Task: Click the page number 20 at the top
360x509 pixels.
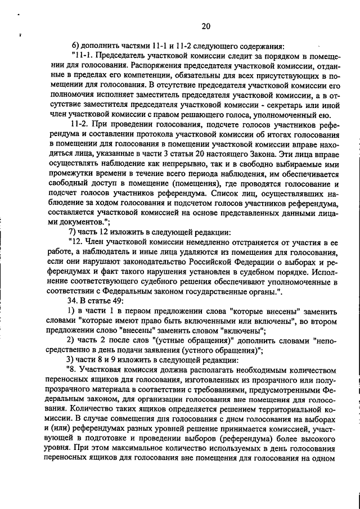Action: point(205,25)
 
